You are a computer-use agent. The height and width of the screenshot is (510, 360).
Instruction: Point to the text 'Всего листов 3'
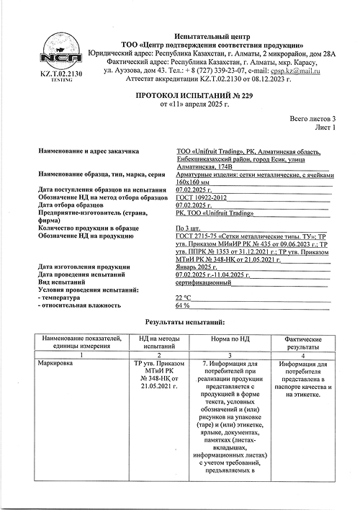[312, 118]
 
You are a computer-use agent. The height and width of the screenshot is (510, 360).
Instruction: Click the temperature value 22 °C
[184, 297]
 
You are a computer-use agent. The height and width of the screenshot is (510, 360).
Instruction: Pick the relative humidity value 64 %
[182, 305]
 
